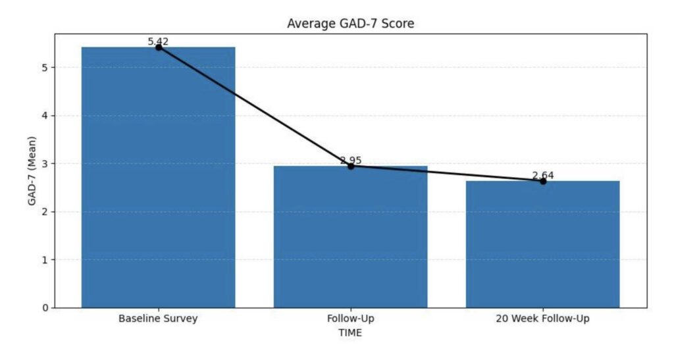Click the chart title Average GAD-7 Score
[350, 24]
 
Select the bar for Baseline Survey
[158, 178]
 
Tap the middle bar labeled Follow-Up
[350, 237]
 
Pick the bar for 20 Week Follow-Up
[542, 244]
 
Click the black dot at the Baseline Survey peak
[159, 47]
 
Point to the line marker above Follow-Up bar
[351, 166]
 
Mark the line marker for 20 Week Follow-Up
[543, 181]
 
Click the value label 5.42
[158, 41]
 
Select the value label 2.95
[351, 161]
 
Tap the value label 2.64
[543, 175]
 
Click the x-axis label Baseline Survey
[158, 319]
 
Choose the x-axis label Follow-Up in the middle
[350, 319]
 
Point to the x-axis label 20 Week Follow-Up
[542, 319]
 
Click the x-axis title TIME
[350, 333]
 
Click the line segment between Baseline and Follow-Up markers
[255, 107]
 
